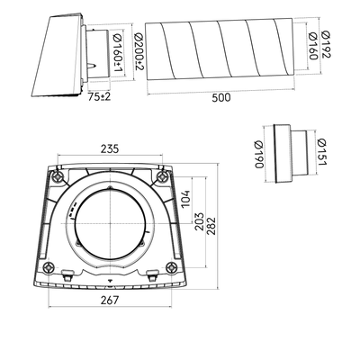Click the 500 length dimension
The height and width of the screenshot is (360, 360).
[x=221, y=97]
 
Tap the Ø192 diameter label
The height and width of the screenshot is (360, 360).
[x=326, y=44]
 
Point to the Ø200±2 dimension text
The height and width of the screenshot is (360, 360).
[x=139, y=51]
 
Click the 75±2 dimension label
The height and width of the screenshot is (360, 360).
[x=99, y=96]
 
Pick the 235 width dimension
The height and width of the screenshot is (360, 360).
[x=110, y=148]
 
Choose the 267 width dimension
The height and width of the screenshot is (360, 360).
[x=110, y=300]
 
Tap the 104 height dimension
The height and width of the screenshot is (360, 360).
[x=185, y=199]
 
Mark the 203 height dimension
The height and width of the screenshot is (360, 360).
[x=200, y=221]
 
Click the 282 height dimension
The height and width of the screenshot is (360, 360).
[x=211, y=226]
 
